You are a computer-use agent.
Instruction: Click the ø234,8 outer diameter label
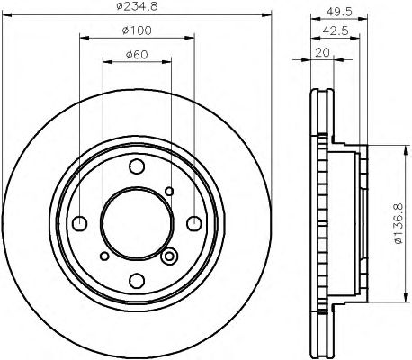[137, 6]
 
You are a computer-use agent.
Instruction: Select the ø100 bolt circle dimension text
[137, 31]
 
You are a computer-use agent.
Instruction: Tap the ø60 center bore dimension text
[137, 55]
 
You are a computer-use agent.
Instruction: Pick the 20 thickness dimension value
[322, 52]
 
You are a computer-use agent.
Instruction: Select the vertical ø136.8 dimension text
[399, 223]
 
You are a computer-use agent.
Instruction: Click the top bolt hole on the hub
[137, 166]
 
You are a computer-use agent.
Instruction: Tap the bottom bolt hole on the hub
[137, 281]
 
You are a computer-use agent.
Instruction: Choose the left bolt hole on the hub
[80, 223]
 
